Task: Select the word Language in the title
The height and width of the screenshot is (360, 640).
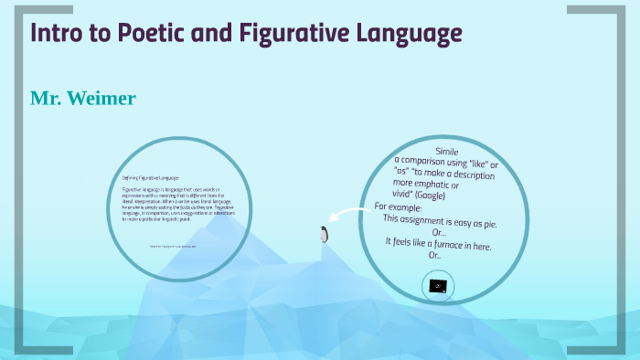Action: (x=401, y=35)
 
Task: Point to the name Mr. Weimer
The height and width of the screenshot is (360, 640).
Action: (x=83, y=98)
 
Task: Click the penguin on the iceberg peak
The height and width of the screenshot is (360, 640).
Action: (x=323, y=235)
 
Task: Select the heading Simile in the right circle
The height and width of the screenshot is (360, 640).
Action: (x=446, y=151)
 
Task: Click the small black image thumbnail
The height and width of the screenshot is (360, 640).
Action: (x=440, y=286)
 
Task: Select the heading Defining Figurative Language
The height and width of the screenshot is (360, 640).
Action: (x=151, y=177)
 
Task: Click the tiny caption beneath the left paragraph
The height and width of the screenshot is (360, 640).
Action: (x=173, y=247)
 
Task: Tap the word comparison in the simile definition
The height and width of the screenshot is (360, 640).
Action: (x=429, y=163)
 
